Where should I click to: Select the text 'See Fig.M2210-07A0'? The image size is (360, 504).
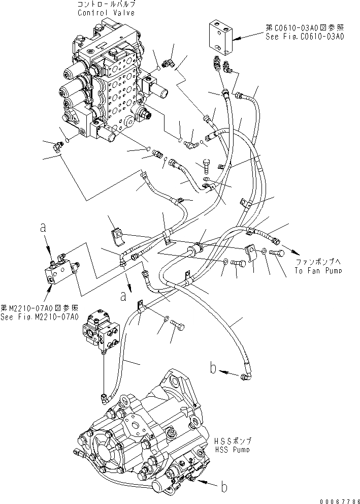click(x=40, y=317)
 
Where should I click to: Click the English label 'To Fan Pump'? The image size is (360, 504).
click(x=318, y=271)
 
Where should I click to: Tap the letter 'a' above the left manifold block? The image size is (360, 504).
click(x=44, y=230)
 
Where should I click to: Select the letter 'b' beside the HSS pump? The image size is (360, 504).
click(x=223, y=487)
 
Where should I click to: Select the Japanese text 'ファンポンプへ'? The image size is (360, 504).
click(x=318, y=262)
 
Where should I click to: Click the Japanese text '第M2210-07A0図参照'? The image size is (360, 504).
click(x=40, y=308)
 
